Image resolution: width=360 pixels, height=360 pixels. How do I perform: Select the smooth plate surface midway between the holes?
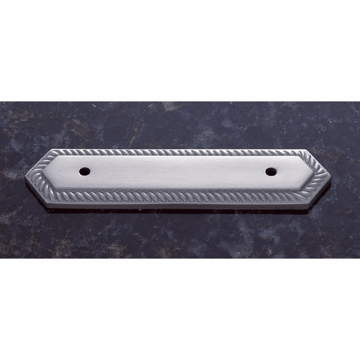[x=178, y=175]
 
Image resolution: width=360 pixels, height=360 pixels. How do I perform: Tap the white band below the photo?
[x=180, y=309]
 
